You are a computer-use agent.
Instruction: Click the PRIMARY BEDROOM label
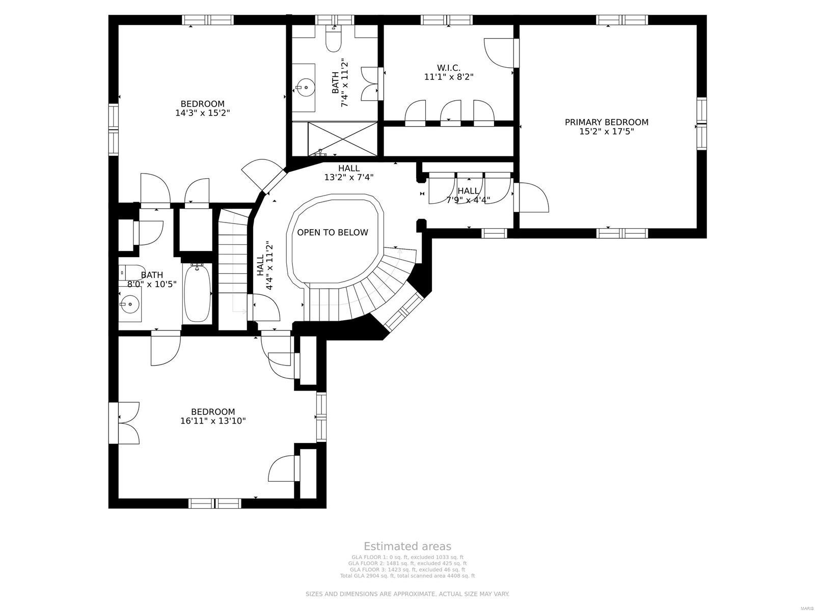[606, 122]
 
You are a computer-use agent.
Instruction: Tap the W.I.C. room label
[449, 68]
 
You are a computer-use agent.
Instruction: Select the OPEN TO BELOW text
[332, 233]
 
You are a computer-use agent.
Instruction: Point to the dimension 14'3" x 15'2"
[203, 113]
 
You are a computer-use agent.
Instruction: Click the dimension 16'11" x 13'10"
[213, 421]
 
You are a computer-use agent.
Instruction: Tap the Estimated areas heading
[407, 546]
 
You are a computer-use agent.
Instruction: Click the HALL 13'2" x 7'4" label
[349, 173]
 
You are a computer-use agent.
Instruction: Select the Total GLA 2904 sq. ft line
[407, 576]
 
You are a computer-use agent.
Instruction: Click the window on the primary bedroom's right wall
[701, 124]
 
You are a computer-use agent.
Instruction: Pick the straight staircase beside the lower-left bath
[233, 270]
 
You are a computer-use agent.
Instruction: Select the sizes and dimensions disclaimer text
[407, 594]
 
